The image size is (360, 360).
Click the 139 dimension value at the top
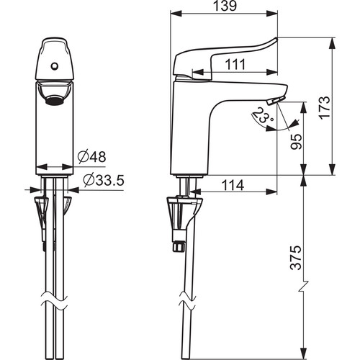tap(225, 6)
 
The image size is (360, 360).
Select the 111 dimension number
tap(235, 64)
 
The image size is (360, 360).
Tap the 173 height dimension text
tap(325, 107)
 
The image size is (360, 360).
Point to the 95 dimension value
tap(296, 142)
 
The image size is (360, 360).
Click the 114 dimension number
tap(233, 185)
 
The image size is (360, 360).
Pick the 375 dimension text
tap(295, 258)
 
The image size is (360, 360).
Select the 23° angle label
tap(263, 115)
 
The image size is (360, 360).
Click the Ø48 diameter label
tap(91, 157)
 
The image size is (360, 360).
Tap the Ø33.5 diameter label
tap(104, 180)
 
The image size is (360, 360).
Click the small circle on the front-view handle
tap(55, 66)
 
